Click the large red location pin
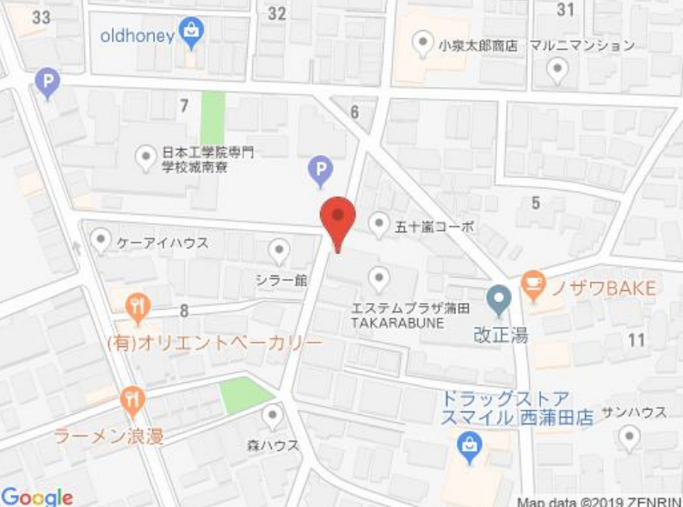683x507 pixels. tap(337, 219)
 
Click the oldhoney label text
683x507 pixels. tap(138, 35)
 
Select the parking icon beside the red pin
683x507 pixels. tap(321, 171)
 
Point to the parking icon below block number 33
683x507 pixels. tap(47, 83)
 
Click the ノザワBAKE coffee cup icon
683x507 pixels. tap(532, 285)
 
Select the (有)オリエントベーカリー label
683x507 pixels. tap(214, 343)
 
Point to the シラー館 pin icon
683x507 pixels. tap(280, 250)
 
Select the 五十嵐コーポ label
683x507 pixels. tap(434, 227)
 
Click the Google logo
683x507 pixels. tap(37, 497)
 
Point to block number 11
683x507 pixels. tap(636, 340)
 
